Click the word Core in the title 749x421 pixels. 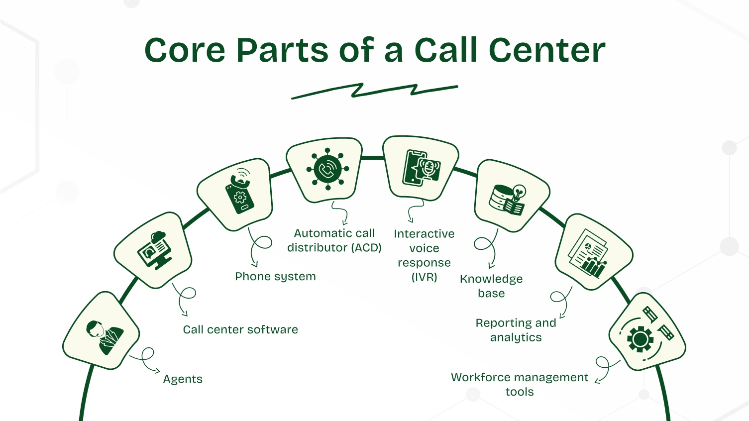pos(185,51)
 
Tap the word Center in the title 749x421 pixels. pos(547,51)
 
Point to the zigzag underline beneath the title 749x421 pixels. pos(374,91)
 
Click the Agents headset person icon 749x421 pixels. pos(103,336)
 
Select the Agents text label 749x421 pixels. pos(183,379)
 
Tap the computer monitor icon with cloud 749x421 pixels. pos(154,250)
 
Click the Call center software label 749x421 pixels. pos(240,329)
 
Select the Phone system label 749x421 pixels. pos(275,276)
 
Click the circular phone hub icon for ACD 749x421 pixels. pos(327,169)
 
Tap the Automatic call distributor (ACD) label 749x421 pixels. pos(334,240)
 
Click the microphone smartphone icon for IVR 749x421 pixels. pos(421,168)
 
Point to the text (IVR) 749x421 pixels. pos(424,277)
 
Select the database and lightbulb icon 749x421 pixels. pos(507,199)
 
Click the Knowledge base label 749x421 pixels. pos(491,286)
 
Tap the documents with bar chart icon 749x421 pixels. pos(589,254)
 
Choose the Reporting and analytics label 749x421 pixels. pos(516,330)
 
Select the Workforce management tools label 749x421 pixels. pos(520,384)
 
